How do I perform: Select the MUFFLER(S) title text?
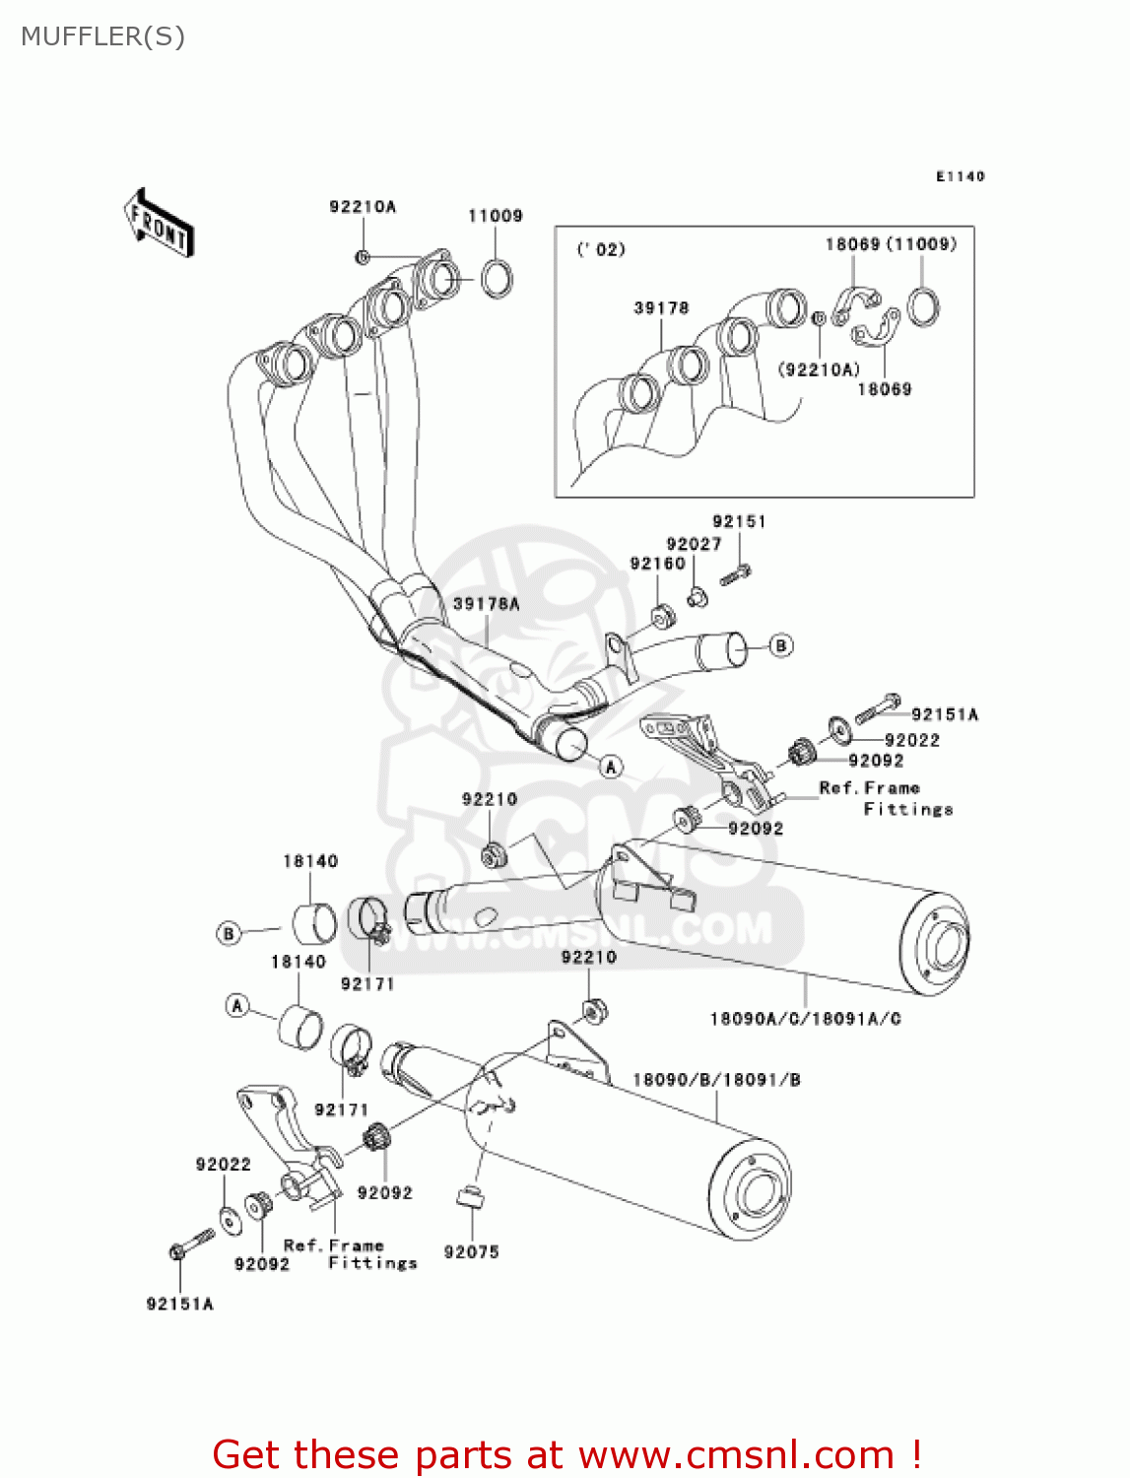[102, 36]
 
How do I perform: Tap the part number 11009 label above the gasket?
[495, 216]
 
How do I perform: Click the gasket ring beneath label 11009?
[497, 278]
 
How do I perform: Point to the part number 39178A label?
[486, 604]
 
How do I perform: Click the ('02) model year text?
[601, 249]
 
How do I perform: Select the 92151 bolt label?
[739, 521]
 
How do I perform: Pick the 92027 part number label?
[694, 544]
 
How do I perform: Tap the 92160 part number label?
[657, 564]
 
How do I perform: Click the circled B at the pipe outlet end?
[780, 645]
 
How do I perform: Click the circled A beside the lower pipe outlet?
[611, 766]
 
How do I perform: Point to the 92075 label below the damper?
[471, 1251]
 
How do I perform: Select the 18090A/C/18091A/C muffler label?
[805, 1019]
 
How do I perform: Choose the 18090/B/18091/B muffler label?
[716, 1080]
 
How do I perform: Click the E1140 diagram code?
[960, 176]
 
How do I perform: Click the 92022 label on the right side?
[911, 740]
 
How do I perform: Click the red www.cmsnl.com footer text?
[566, 1454]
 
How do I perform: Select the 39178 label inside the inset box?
[661, 308]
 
